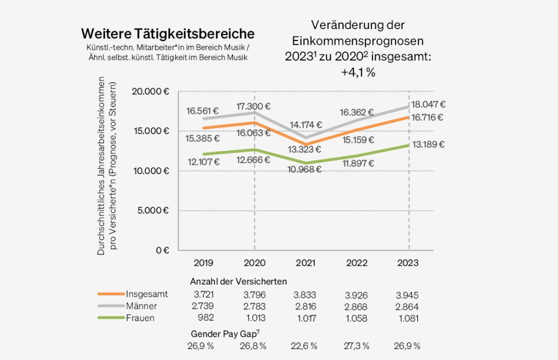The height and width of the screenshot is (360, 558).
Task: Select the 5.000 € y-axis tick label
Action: (x=153, y=211)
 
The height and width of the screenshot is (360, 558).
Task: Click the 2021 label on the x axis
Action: (x=305, y=263)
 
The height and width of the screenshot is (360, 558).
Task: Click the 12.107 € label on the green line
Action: (x=203, y=161)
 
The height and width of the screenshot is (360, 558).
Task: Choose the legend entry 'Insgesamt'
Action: (x=147, y=294)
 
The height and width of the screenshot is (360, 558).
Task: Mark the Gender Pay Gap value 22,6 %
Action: (x=305, y=346)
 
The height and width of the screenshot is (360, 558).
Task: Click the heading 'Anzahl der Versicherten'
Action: (x=238, y=282)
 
